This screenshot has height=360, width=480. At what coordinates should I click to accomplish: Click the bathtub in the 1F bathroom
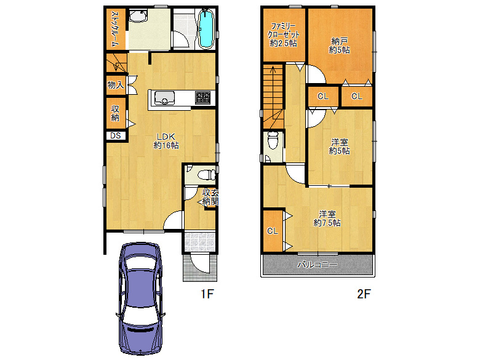(x=206, y=29)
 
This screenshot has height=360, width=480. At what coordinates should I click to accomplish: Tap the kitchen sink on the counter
(x=164, y=98)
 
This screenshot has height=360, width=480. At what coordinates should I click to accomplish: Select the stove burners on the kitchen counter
(x=203, y=97)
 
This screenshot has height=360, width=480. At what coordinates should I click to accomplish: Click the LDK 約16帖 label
(x=166, y=141)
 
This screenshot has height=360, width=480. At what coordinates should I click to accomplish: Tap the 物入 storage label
(x=115, y=85)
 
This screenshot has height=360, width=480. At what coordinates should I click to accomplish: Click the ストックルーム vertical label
(x=114, y=29)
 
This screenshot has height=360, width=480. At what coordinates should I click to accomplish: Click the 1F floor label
(x=206, y=295)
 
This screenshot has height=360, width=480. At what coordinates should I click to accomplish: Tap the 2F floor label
(x=364, y=295)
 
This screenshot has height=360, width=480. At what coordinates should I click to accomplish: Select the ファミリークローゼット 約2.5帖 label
(x=284, y=34)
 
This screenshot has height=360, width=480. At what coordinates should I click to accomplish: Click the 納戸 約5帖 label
(x=339, y=45)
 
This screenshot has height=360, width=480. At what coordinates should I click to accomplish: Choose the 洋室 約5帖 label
(x=339, y=146)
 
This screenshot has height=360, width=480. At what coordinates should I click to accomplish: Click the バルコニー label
(x=318, y=265)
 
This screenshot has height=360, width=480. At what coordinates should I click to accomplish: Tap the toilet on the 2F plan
(x=273, y=142)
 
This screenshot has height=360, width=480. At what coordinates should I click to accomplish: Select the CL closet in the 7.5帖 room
(x=273, y=231)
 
